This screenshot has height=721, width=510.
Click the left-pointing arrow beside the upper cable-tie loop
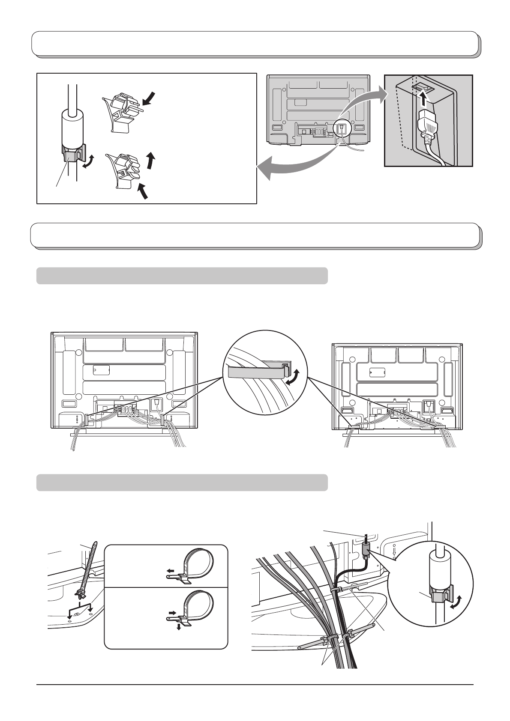(x=171, y=571)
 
